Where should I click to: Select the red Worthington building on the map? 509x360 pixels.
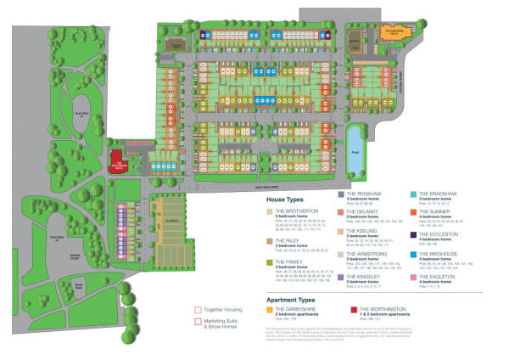pos(120,158)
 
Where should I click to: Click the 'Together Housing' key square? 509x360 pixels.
pos(198,311)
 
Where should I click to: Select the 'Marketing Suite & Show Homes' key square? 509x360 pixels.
pos(198,323)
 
